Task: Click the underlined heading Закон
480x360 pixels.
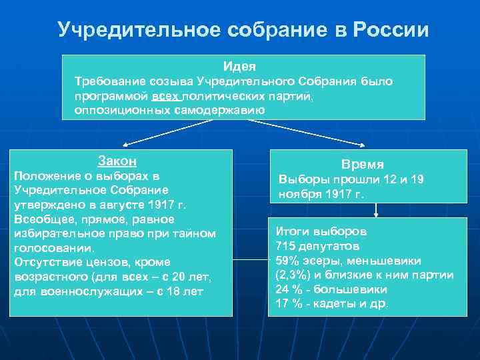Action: pyautogui.click(x=117, y=161)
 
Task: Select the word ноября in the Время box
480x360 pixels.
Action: pyautogui.click(x=299, y=195)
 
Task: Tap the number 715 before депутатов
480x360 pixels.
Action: pyautogui.click(x=286, y=247)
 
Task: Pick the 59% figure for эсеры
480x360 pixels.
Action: pyautogui.click(x=289, y=261)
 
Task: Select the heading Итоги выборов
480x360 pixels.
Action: pyautogui.click(x=321, y=232)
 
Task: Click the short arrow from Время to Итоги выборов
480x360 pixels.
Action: pyautogui.click(x=377, y=210)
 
